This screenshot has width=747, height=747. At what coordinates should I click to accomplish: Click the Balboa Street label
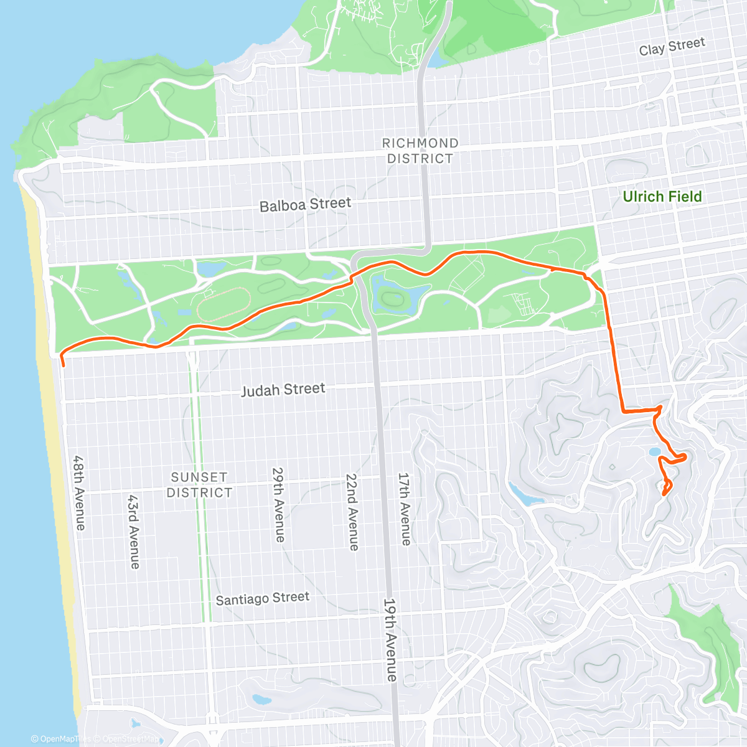(x=305, y=205)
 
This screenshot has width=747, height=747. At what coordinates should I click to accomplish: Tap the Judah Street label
(x=283, y=390)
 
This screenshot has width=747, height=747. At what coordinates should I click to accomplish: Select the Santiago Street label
(x=262, y=598)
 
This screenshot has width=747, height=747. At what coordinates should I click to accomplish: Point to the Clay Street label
(x=672, y=47)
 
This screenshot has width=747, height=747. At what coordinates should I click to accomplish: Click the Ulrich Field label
(x=662, y=197)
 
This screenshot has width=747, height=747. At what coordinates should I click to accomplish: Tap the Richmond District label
(x=420, y=151)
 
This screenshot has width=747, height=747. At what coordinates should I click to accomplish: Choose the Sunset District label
(x=199, y=484)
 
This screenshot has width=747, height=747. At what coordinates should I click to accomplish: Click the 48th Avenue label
(x=78, y=493)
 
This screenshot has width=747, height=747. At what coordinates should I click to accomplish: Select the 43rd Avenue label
(x=134, y=532)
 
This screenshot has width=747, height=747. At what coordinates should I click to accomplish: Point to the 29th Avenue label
(x=278, y=505)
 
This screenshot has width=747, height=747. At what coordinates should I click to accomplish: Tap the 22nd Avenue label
(x=352, y=512)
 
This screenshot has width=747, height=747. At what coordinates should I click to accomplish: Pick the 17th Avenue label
(x=405, y=509)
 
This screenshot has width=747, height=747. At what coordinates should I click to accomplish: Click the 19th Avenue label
(x=390, y=639)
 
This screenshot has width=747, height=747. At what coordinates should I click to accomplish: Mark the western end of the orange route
(x=63, y=358)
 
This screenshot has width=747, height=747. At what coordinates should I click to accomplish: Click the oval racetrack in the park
(x=223, y=304)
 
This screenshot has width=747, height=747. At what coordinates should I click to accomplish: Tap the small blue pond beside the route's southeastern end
(x=654, y=452)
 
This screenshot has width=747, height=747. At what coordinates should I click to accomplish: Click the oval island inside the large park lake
(x=393, y=299)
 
